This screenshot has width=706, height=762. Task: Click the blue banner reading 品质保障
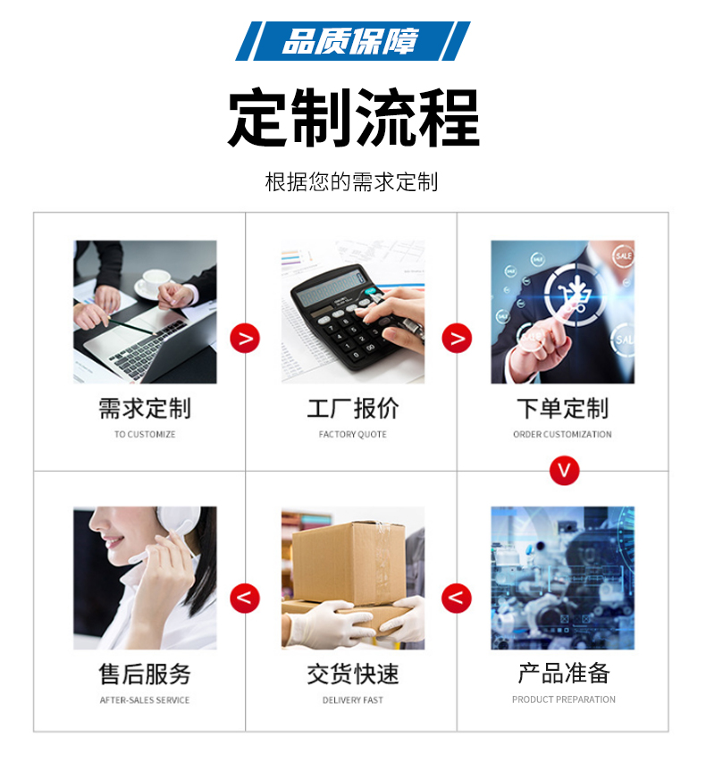pyautogui.click(x=352, y=41)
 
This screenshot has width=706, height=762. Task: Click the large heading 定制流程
pyautogui.click(x=354, y=118)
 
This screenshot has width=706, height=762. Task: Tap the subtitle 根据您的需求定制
pyautogui.click(x=351, y=182)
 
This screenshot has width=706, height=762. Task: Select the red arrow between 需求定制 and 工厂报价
pyautogui.click(x=245, y=338)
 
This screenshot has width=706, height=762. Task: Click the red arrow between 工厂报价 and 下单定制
pyautogui.click(x=457, y=338)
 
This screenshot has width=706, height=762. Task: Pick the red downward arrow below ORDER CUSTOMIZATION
pyautogui.click(x=564, y=471)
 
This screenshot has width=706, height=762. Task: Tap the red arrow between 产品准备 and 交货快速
pyautogui.click(x=456, y=598)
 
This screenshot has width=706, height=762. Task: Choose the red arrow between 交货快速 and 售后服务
pyautogui.click(x=245, y=598)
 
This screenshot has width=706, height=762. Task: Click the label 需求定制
pyautogui.click(x=145, y=408)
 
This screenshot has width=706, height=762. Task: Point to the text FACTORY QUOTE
pyautogui.click(x=352, y=434)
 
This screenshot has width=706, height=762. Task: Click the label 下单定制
pyautogui.click(x=562, y=408)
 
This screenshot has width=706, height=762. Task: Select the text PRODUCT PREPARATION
pyautogui.click(x=564, y=699)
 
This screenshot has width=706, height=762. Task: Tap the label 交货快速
pyautogui.click(x=352, y=674)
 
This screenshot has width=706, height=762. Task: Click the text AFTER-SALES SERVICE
pyautogui.click(x=145, y=699)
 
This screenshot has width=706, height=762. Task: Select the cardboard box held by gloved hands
pyautogui.click(x=349, y=563)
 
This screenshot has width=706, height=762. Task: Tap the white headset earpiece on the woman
pyautogui.click(x=178, y=523)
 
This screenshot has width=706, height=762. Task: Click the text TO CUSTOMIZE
pyautogui.click(x=145, y=434)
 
